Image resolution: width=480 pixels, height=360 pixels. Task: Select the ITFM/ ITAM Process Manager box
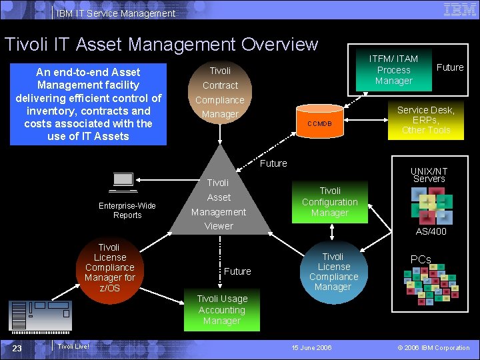[x=393, y=70]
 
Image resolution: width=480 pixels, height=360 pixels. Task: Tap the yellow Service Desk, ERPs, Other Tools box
[x=426, y=120]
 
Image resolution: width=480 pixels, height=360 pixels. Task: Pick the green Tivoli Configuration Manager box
[x=329, y=201]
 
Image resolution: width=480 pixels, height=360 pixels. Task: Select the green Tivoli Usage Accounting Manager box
[x=222, y=309]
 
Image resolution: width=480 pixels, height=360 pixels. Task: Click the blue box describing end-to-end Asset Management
[x=88, y=104]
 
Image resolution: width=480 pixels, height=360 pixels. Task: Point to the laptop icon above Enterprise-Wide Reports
[x=124, y=182]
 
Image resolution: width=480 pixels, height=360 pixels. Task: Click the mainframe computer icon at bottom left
[x=41, y=316]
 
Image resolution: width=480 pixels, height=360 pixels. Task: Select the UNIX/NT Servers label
[x=429, y=175]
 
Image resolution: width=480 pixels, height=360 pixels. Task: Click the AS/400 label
[x=431, y=231]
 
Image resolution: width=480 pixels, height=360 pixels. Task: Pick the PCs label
[x=421, y=259]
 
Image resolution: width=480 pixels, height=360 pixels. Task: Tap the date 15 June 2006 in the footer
[x=312, y=347]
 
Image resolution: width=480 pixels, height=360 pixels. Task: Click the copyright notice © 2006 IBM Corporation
[x=433, y=347]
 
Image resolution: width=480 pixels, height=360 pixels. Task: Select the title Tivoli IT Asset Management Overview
[x=161, y=45]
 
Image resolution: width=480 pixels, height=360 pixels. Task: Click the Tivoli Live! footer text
[x=73, y=346]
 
